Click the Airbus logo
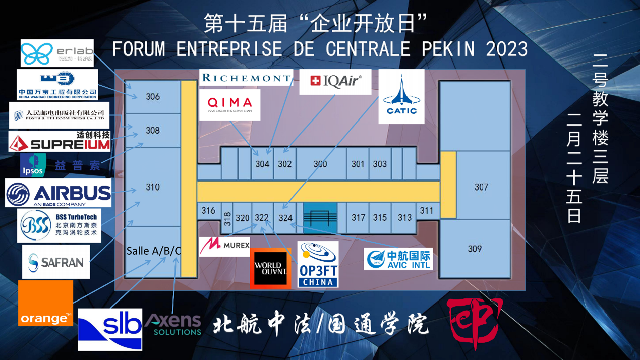click(58, 193)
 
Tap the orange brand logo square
click(45, 304)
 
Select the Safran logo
click(56, 262)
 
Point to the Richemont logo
click(246, 78)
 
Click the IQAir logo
click(335, 82)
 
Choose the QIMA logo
click(229, 105)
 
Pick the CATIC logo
click(401, 96)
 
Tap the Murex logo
click(224, 246)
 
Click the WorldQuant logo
click(270, 269)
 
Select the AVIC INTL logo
click(398, 258)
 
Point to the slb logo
click(110, 329)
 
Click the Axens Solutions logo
click(173, 324)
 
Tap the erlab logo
click(57, 53)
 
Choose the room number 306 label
click(153, 97)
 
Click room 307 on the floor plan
click(481, 187)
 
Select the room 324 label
click(285, 218)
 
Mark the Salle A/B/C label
click(153, 251)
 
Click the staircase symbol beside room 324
click(320, 218)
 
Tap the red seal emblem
click(475, 321)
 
